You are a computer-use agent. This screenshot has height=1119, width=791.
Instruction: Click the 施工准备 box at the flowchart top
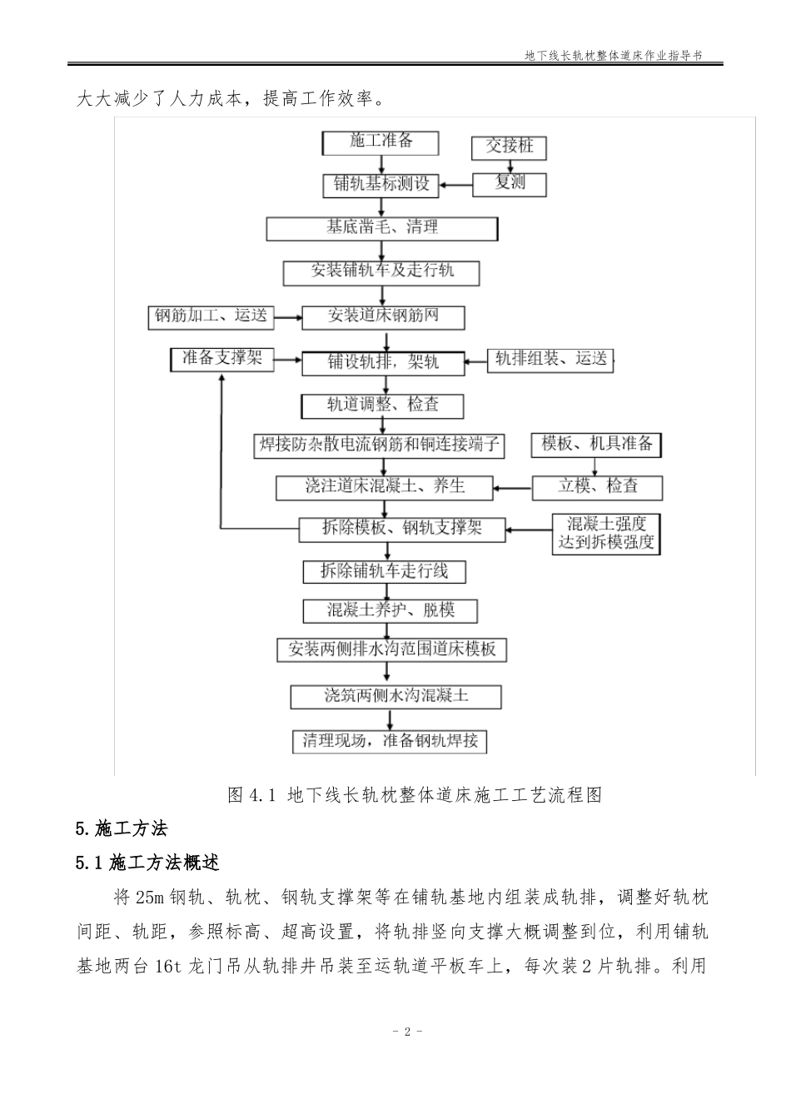click(x=381, y=142)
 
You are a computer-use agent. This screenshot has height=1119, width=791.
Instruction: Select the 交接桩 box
click(x=510, y=147)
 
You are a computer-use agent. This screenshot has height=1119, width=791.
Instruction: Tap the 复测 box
click(x=510, y=183)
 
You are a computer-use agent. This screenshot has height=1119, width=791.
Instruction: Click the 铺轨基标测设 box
click(x=381, y=185)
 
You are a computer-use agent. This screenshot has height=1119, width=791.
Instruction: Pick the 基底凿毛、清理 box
click(x=382, y=228)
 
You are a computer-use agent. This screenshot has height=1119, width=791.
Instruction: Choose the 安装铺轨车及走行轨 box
click(x=382, y=271)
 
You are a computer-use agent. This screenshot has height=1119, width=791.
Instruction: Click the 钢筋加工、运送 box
click(x=211, y=316)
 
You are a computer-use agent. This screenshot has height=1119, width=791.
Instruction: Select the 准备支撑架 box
click(x=221, y=359)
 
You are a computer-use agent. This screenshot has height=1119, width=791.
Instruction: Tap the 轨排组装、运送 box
click(x=550, y=360)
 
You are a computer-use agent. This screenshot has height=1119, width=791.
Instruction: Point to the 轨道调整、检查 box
click(x=382, y=405)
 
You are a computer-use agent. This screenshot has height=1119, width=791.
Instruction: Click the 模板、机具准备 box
click(x=596, y=445)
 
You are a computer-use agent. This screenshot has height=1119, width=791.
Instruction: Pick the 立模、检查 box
click(x=598, y=486)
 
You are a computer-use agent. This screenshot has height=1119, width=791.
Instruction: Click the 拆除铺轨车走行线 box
click(x=384, y=571)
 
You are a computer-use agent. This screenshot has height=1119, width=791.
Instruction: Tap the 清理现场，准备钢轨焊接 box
click(x=390, y=741)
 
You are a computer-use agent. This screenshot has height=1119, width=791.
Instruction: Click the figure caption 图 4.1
click(x=414, y=795)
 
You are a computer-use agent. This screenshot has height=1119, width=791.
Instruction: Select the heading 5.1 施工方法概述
click(x=147, y=863)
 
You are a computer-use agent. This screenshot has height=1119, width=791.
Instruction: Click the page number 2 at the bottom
click(x=407, y=1032)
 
